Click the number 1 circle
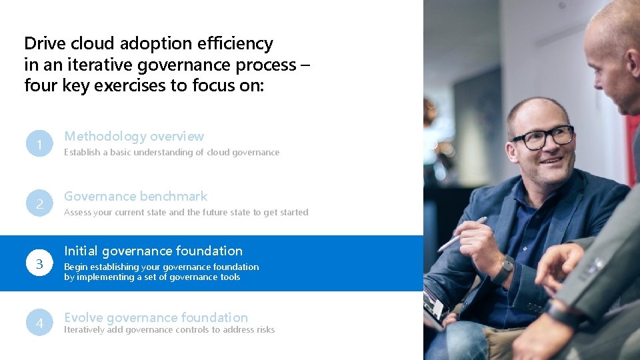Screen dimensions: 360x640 (39, 144)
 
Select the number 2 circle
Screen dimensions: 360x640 (39, 204)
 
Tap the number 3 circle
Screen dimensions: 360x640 (39, 264)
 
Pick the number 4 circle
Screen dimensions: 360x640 (39, 323)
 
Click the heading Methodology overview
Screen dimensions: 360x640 (134, 137)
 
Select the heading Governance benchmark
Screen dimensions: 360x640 (135, 197)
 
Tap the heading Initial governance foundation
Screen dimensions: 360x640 (153, 251)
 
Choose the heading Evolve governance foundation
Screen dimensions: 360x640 (155, 317)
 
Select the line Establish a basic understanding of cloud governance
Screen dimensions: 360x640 (171, 153)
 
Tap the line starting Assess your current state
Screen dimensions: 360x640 (186, 213)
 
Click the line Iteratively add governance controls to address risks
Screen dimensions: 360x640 (169, 330)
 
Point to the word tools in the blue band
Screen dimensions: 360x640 (228, 277)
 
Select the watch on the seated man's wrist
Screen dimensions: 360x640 (505, 269)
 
